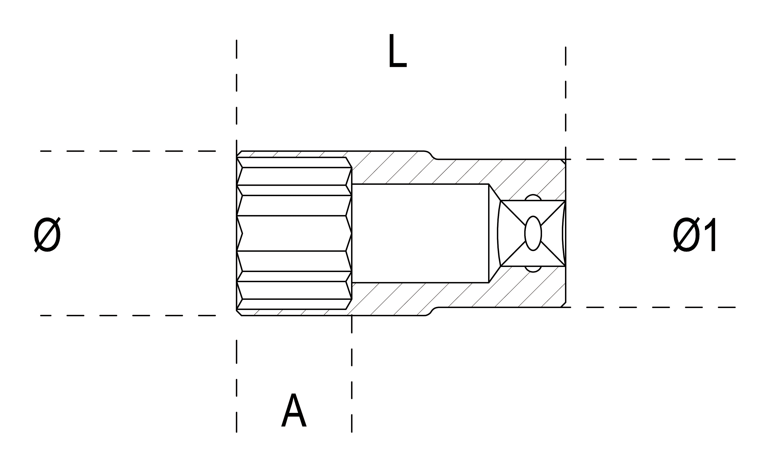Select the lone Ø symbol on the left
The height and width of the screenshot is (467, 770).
pos(47,235)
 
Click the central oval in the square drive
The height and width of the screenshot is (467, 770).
pos(533,233)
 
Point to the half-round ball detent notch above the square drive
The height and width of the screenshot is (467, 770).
pos(533,197)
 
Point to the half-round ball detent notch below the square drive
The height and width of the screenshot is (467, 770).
pos(533,269)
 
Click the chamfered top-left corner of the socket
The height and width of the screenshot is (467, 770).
pos(239,154)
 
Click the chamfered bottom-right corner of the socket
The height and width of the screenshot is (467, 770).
pos(563,305)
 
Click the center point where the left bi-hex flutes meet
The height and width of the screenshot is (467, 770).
pos(242,233)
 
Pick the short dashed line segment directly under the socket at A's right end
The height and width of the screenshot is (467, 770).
pos(352,324)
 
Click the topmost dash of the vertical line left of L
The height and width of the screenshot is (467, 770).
pos(237,49)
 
